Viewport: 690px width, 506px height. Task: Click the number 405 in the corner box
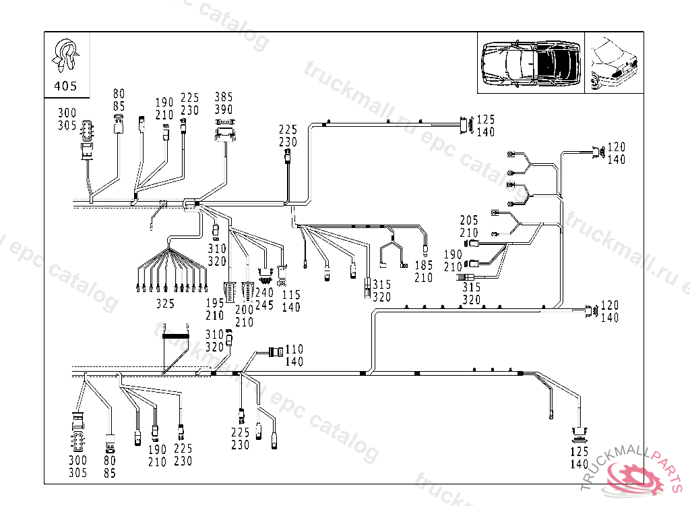pos(65,86)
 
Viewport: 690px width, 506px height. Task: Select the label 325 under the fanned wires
pos(165,304)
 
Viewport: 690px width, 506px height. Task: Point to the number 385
pos(224,96)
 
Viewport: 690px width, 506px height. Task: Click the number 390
pos(224,109)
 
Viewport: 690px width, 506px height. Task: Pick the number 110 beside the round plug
pos(294,349)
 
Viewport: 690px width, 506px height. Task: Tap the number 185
pos(424,266)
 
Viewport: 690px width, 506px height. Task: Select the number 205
pos(469,221)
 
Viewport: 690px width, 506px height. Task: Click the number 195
pos(216,304)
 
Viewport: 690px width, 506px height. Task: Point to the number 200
pos(244,310)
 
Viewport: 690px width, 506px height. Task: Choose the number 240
pos(265,293)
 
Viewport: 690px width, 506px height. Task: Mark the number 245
pos(265,306)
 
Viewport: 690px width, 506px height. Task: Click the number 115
pos(291,295)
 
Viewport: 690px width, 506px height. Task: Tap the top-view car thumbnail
pos(531,63)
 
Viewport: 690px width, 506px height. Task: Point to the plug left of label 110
pos(276,352)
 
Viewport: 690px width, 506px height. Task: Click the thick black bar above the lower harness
pos(175,335)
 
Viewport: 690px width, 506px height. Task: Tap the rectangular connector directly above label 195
pos(230,290)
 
